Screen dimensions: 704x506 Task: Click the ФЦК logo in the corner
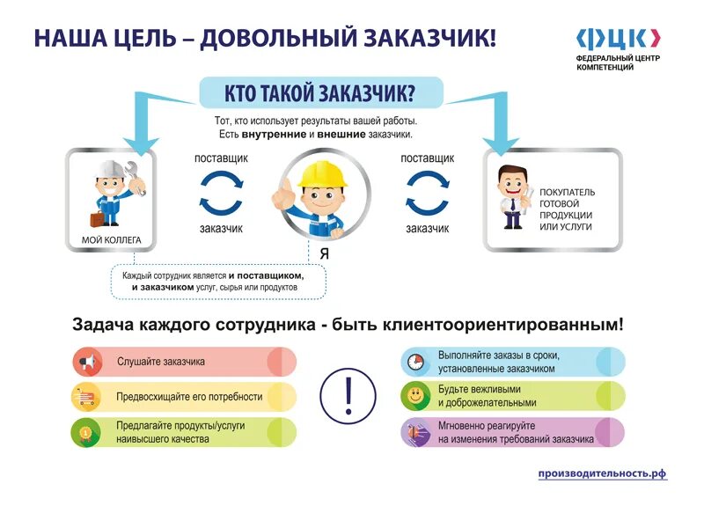(x=617, y=38)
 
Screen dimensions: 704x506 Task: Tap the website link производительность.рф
(x=603, y=473)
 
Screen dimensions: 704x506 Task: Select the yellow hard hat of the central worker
(x=322, y=172)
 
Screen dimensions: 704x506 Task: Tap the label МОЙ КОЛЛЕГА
(x=106, y=239)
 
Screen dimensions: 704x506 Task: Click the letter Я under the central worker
(x=324, y=253)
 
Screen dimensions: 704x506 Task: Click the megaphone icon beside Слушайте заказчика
(x=86, y=362)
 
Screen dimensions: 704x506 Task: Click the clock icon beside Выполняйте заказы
(x=414, y=362)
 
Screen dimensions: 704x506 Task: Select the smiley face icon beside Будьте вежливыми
(x=414, y=397)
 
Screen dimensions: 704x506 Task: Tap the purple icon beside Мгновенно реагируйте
(x=414, y=432)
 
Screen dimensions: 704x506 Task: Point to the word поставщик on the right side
(x=428, y=158)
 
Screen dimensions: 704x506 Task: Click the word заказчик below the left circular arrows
(x=221, y=228)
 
